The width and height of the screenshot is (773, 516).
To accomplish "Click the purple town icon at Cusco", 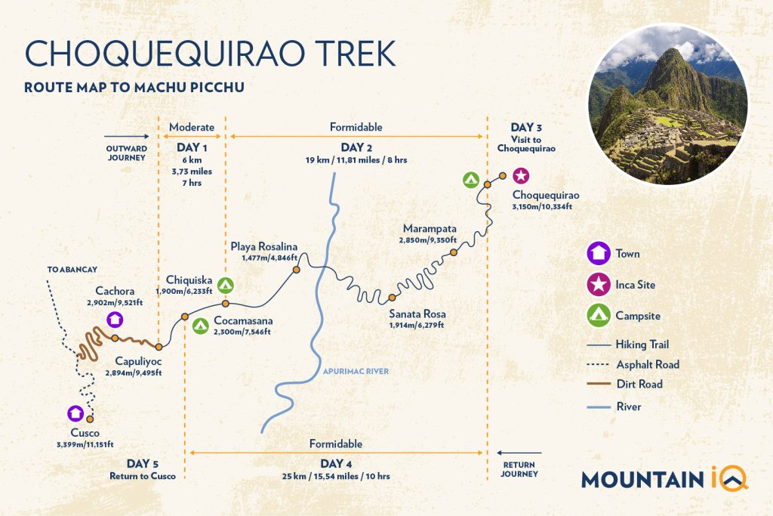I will [x=75, y=413].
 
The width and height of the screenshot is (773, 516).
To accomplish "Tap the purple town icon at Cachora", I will [x=114, y=319].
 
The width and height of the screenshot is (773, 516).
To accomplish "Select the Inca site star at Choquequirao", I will [x=521, y=176].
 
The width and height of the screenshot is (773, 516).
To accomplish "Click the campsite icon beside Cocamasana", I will [x=200, y=326].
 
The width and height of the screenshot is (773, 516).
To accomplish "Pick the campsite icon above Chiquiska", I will [x=225, y=286].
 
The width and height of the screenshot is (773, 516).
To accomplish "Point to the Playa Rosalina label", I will [x=264, y=246].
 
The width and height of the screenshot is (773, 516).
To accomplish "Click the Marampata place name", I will [x=430, y=228].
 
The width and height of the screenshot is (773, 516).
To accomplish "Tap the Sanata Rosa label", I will [x=417, y=314].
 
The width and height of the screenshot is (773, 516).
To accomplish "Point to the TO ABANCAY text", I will [x=72, y=270].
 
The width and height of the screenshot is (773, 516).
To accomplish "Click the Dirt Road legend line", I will [x=599, y=385].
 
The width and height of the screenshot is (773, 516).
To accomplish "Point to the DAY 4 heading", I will [x=335, y=464].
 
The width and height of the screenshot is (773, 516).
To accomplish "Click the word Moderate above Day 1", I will [x=192, y=127].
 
